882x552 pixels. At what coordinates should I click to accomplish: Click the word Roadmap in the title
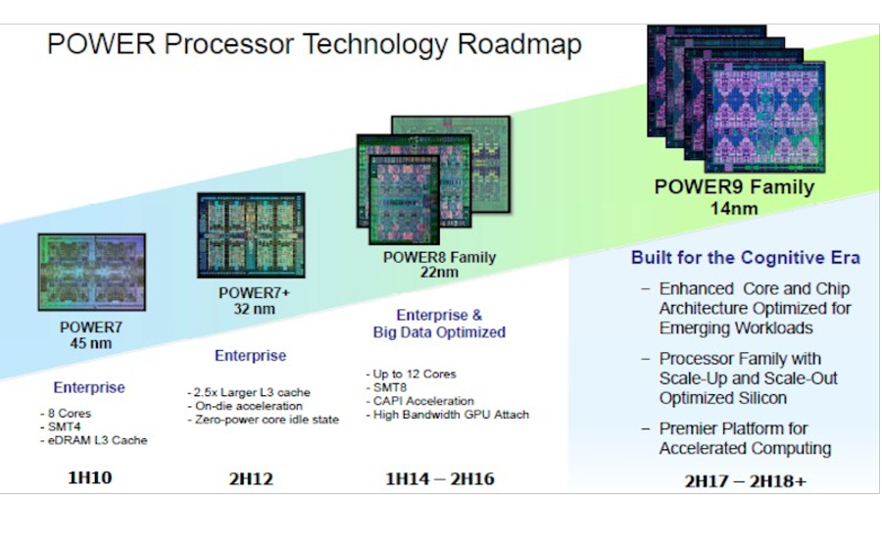(518, 45)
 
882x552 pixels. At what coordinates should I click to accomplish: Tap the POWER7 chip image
(92, 273)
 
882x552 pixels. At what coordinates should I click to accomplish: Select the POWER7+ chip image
(251, 235)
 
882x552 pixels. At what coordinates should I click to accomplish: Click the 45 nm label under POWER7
(91, 343)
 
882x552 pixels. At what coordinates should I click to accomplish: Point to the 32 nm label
(254, 309)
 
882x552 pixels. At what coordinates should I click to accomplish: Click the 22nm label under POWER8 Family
(439, 273)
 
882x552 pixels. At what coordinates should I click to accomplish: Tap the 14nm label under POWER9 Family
(734, 209)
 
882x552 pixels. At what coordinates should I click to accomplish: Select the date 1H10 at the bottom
(90, 477)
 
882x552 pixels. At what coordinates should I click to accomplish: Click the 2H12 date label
(251, 478)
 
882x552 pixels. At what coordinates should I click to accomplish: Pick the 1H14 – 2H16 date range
(440, 478)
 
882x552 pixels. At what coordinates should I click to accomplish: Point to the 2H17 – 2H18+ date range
(746, 481)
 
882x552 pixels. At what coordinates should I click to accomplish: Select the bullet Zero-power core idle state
(264, 420)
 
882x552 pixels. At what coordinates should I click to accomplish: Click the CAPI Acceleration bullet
(420, 401)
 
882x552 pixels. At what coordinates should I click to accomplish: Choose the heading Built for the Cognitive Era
(746, 258)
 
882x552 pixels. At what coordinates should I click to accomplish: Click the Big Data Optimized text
(439, 332)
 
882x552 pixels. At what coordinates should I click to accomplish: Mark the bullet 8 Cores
(66, 414)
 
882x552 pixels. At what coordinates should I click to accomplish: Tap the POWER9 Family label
(734, 187)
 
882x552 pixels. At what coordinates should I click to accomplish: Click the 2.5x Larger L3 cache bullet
(249, 393)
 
